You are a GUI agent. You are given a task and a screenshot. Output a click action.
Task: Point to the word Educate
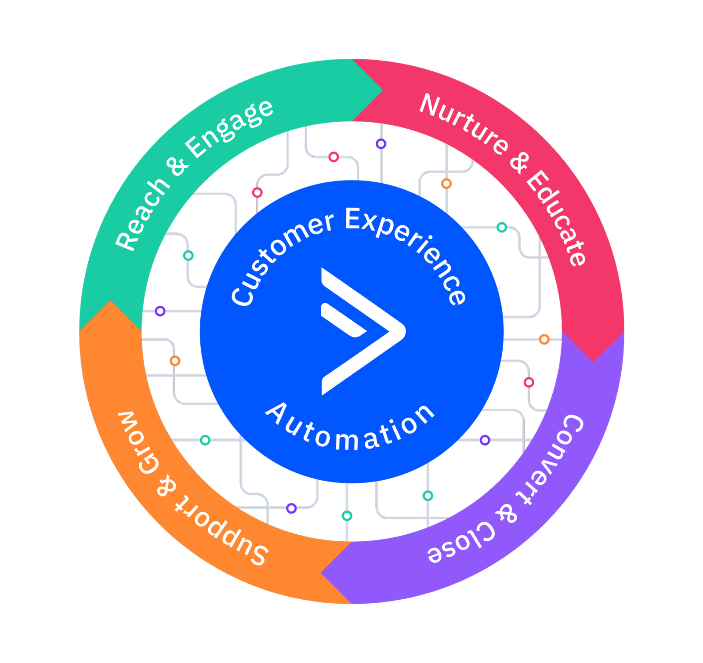556,217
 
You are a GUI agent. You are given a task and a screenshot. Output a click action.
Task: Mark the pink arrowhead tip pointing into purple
593,360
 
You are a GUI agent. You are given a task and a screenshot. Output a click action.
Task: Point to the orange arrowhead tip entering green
110,303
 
